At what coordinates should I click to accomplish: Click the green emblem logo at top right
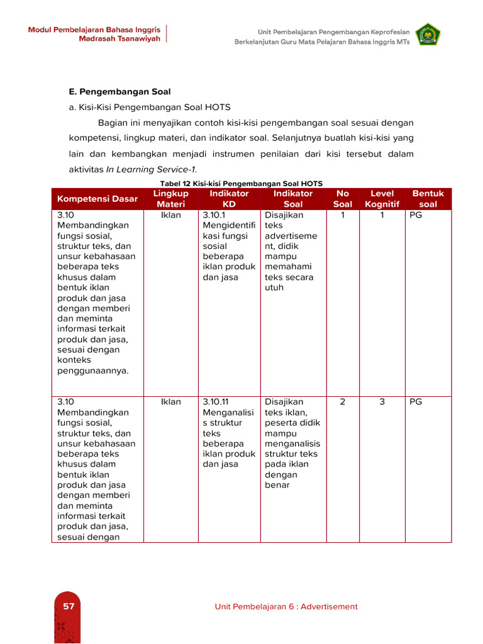[428, 35]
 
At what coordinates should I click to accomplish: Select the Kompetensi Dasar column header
[97, 199]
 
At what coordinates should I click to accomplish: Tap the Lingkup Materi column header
[170, 199]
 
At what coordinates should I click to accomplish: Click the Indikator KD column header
[229, 199]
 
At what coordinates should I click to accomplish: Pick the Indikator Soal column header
[293, 199]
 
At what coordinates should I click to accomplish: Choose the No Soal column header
[343, 199]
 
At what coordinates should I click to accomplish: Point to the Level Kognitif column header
[382, 199]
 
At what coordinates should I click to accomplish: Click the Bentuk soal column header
[428, 199]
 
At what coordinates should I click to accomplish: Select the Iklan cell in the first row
[170, 215]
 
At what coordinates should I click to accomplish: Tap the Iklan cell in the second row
[170, 402]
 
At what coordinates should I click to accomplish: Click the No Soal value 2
[342, 402]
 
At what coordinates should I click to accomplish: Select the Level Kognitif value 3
[382, 402]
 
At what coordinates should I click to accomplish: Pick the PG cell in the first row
[416, 215]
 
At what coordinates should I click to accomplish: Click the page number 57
[68, 606]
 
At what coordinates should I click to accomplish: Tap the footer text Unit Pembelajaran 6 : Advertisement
[286, 606]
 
